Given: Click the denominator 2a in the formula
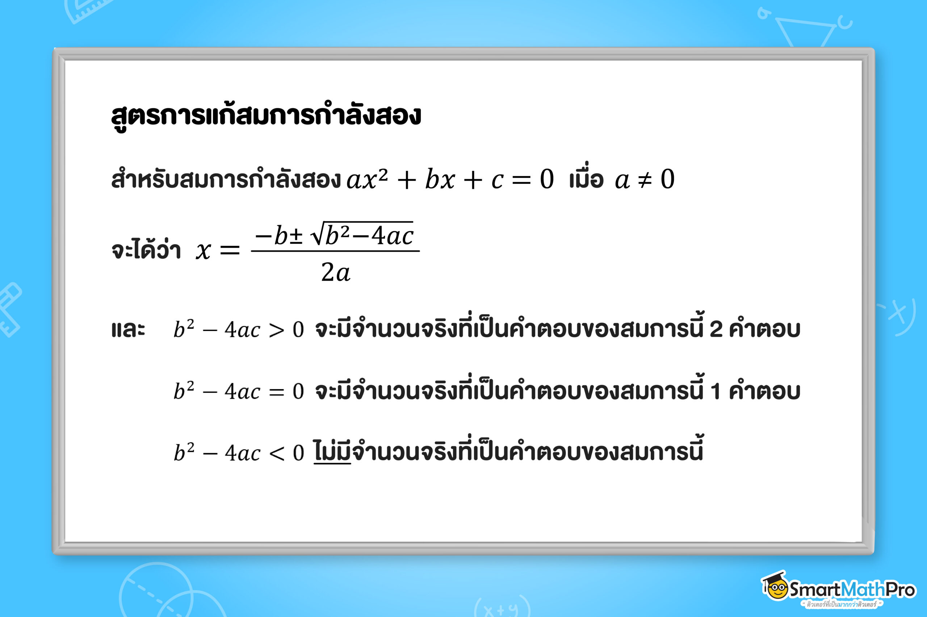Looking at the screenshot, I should [x=335, y=272].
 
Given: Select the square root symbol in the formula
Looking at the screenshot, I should [x=318, y=235].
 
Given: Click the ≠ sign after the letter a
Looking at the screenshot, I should [x=645, y=180].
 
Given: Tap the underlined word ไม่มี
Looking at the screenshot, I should [x=332, y=452].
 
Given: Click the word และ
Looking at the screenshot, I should [x=128, y=329].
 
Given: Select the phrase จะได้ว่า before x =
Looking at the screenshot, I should [x=146, y=250].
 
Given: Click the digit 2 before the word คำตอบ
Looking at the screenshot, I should [x=716, y=329].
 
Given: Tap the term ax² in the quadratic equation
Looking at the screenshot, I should [x=367, y=179].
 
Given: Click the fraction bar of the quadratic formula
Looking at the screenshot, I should [x=335, y=251].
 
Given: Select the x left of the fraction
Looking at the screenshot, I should [x=204, y=251].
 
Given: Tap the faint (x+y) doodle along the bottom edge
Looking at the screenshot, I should [x=501, y=608].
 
